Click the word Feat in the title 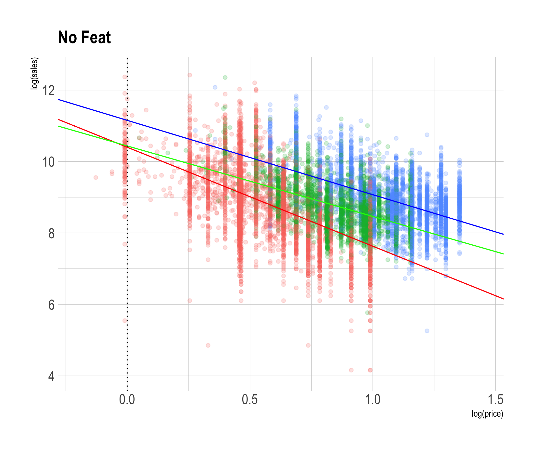click(x=96, y=37)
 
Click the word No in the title click(x=67, y=37)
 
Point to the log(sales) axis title click(x=34, y=74)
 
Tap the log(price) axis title click(x=487, y=414)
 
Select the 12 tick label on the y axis click(x=48, y=91)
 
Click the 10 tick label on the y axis click(x=48, y=162)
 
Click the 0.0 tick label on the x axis click(x=127, y=400)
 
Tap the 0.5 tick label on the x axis click(x=249, y=400)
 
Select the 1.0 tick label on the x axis click(x=372, y=400)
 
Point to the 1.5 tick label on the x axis click(x=495, y=400)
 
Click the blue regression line click(x=458, y=221)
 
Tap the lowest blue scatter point click(x=427, y=331)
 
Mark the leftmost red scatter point click(x=96, y=177)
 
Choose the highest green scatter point click(x=225, y=77)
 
